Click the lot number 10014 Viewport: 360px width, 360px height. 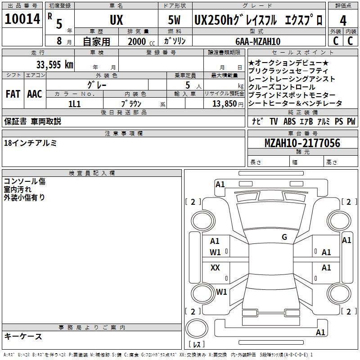(22, 20)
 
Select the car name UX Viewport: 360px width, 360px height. (116, 21)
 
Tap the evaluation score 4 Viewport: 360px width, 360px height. (343, 21)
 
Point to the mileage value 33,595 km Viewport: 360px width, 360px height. (54, 64)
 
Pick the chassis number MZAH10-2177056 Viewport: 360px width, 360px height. (302, 144)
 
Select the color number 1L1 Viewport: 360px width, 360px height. (74, 103)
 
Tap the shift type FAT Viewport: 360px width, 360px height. (13, 94)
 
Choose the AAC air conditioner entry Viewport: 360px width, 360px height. (35, 94)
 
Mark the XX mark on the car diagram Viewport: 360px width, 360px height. (215, 268)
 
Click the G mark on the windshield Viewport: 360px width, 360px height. (284, 237)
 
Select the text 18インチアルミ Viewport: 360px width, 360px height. (31, 143)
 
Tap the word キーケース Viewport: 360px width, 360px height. (23, 336)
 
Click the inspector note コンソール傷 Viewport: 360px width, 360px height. (24, 181)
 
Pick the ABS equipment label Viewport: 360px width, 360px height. (289, 121)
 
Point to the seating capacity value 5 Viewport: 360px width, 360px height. (187, 85)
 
